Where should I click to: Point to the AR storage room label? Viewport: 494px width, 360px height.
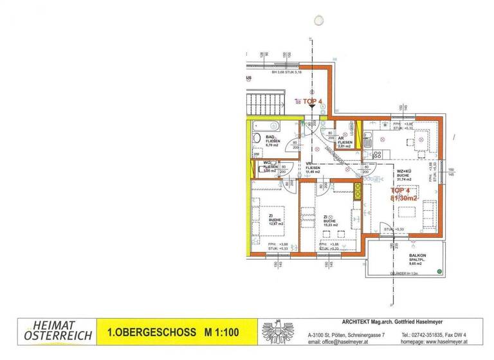click(341, 138)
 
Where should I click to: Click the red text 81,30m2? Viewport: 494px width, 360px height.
click(404, 198)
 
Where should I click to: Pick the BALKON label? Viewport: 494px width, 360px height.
click(417, 256)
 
